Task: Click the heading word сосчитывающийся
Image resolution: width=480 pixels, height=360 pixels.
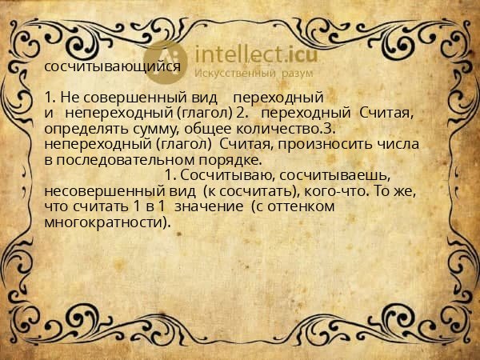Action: [112, 66]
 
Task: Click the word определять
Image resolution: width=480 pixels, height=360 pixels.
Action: [82, 128]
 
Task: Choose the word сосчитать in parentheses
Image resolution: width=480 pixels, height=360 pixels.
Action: [244, 192]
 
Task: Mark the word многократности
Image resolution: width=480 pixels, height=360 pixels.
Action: [107, 222]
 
